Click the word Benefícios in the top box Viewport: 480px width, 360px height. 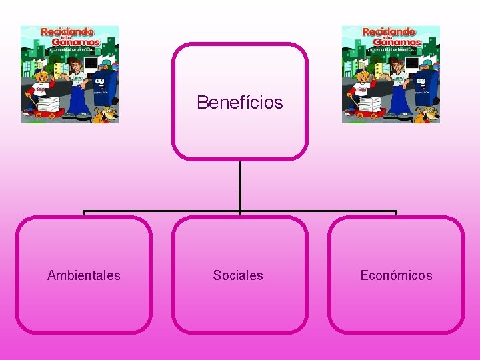[240, 103]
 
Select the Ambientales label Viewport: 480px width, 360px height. [84, 275]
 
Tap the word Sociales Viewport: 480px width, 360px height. [238, 275]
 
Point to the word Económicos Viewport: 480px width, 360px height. [396, 275]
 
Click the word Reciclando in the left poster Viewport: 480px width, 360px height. [68, 31]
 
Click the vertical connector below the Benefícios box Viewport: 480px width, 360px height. [240, 187]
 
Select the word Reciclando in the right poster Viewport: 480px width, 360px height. [389, 31]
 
